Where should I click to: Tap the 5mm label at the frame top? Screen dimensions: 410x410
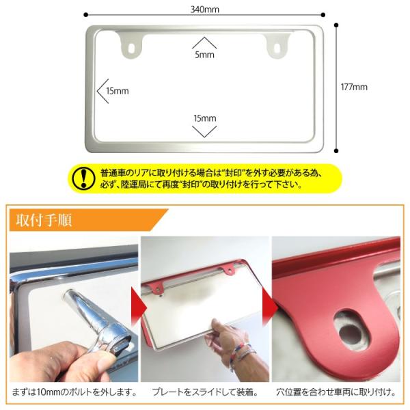tap(204, 55)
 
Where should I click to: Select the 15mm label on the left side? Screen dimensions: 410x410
tap(118, 90)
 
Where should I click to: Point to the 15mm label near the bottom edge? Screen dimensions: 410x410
tap(204, 118)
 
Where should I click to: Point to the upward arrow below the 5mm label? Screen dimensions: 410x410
tap(204, 42)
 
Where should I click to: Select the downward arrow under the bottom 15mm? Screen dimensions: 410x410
tap(204, 130)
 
